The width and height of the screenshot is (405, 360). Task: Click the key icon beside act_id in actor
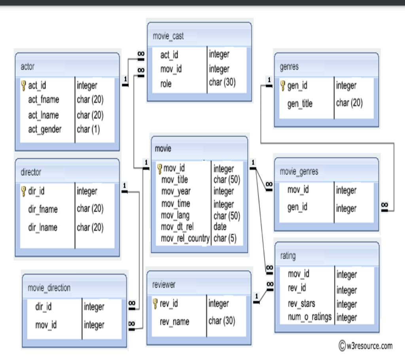pyautogui.click(x=23, y=85)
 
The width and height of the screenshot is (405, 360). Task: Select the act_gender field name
pyautogui.click(x=45, y=129)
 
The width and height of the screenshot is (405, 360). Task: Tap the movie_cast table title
pyautogui.click(x=168, y=36)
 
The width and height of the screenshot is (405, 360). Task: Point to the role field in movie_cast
pyautogui.click(x=166, y=84)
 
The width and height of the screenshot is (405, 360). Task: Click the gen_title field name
pyautogui.click(x=300, y=104)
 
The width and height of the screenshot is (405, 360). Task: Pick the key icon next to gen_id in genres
pyautogui.click(x=283, y=85)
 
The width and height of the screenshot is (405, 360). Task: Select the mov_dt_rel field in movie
pyautogui.click(x=177, y=227)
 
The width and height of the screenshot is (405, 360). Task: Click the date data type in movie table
pyautogui.click(x=220, y=227)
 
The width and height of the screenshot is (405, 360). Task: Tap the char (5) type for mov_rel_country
pyautogui.click(x=225, y=239)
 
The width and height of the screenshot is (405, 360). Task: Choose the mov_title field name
pyautogui.click(x=174, y=180)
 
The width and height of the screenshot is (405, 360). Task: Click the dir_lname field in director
pyautogui.click(x=43, y=227)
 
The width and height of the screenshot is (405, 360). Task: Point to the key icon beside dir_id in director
pyautogui.click(x=23, y=191)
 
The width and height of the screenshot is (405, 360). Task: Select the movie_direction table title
pyautogui.click(x=49, y=288)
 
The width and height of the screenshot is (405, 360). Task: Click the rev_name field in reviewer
pyautogui.click(x=174, y=322)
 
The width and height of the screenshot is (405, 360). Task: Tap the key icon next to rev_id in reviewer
pyautogui.click(x=155, y=303)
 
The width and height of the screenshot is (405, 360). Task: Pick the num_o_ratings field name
pyautogui.click(x=310, y=317)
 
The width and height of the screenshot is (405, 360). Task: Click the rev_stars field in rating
pyautogui.click(x=301, y=303)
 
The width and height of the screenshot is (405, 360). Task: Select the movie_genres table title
pyautogui.click(x=299, y=172)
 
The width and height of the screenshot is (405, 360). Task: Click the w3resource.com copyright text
pyautogui.click(x=365, y=346)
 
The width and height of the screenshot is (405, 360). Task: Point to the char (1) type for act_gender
pyautogui.click(x=88, y=129)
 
